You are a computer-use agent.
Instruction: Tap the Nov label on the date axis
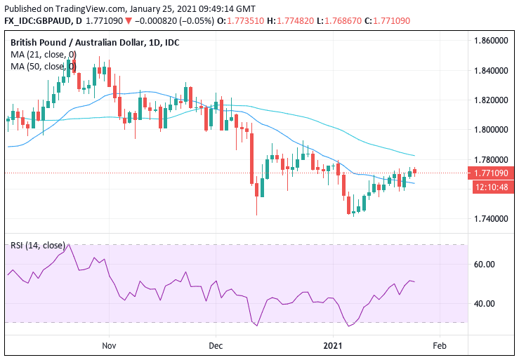tap(108, 346)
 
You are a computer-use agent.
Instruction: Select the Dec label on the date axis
tap(216, 346)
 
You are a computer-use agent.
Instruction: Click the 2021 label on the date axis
tap(333, 346)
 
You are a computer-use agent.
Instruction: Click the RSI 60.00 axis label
tap(486, 265)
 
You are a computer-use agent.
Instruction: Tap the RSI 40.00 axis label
tap(486, 304)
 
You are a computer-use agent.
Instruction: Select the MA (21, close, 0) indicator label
tap(44, 55)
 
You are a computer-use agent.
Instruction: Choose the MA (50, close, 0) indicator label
tap(44, 67)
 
